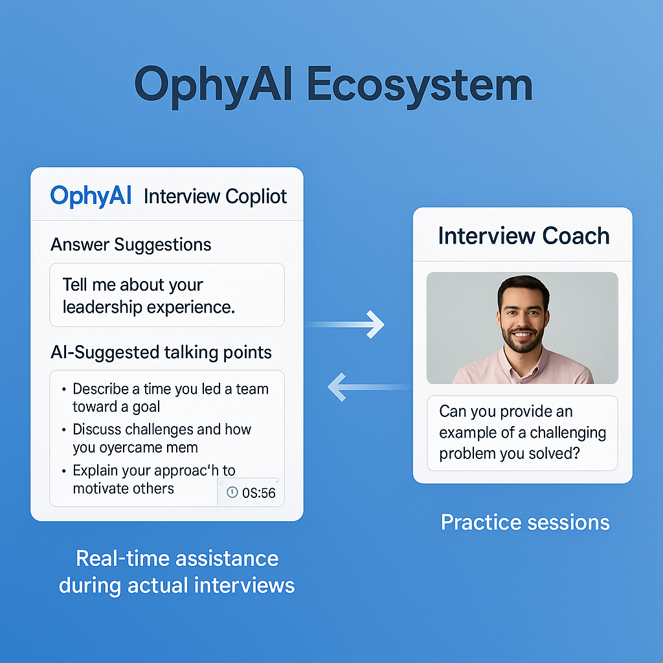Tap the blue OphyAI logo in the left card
tap(91, 196)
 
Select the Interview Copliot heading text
tap(215, 196)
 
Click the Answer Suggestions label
tap(131, 245)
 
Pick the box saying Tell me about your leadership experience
tap(166, 295)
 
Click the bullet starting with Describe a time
tap(170, 398)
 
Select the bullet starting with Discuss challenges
tap(161, 438)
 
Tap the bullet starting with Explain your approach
tap(153, 478)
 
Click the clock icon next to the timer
tap(232, 493)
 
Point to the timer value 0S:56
tap(258, 493)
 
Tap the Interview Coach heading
tap(523, 236)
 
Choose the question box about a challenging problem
tap(522, 433)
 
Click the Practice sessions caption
tap(525, 522)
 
